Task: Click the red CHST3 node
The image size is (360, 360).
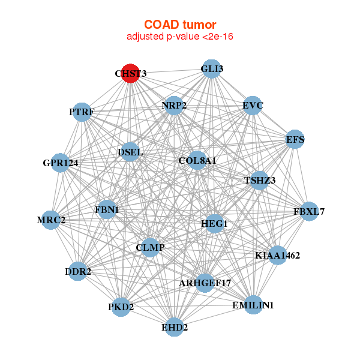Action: click(131, 73)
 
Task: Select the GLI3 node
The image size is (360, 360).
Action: click(211, 68)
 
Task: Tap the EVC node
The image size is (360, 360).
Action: click(253, 106)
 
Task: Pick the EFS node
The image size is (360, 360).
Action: click(295, 139)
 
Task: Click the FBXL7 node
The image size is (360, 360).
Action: click(308, 211)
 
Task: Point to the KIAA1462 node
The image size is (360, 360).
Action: click(277, 255)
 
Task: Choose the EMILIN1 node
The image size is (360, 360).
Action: click(253, 305)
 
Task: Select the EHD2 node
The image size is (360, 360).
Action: click(174, 327)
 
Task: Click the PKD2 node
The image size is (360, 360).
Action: click(121, 307)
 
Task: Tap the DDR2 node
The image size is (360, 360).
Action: click(78, 271)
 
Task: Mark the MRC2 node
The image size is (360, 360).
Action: click(51, 220)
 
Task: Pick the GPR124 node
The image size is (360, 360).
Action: click(60, 163)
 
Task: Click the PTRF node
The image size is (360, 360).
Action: click(82, 112)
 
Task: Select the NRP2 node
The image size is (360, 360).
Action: click(174, 106)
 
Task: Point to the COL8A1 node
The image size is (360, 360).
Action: click(197, 161)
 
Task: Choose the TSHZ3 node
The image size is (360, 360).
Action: click(260, 180)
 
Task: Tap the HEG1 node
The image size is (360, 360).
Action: click(214, 224)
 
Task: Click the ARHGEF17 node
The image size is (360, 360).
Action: click(205, 282)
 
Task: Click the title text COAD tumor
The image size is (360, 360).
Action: click(180, 25)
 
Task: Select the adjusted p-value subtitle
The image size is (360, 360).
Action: click(180, 37)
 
